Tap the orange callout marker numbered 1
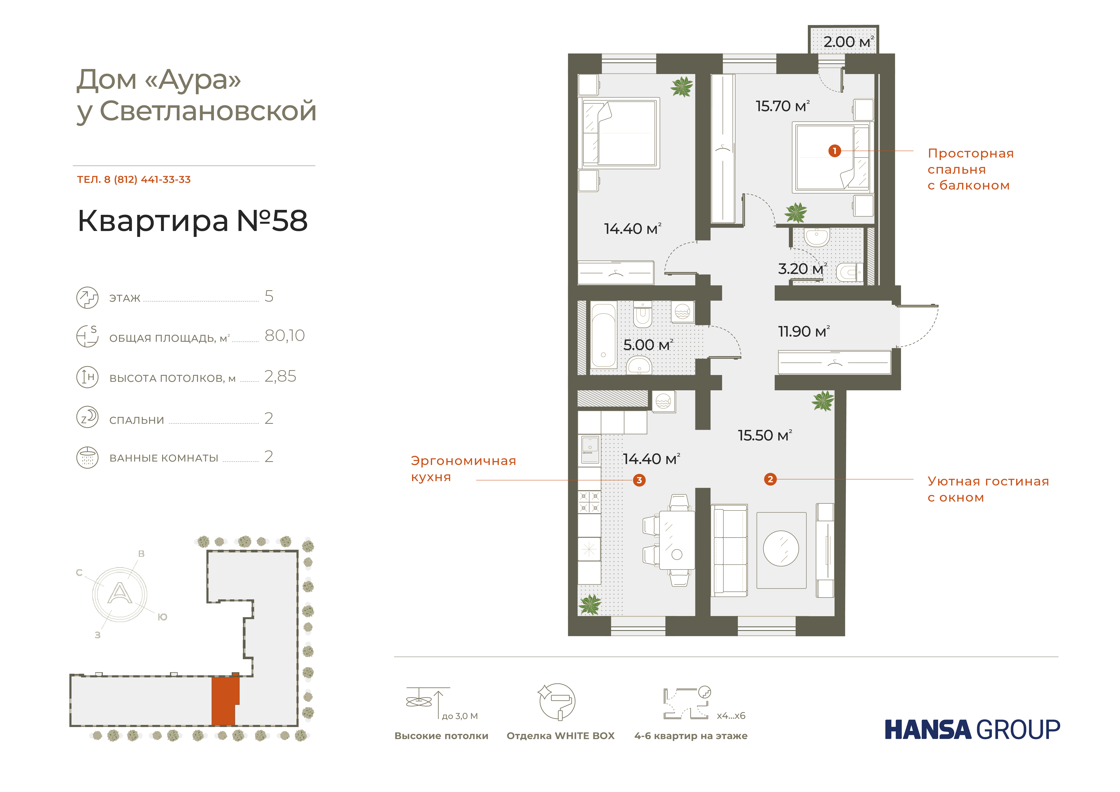pos(835,151)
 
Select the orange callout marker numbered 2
pos(770,479)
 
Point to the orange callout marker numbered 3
pos(639,480)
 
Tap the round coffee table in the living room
pos(781,549)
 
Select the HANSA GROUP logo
pos(972,730)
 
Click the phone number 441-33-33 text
pos(166,180)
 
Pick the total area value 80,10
pos(284,336)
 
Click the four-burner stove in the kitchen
pos(589,502)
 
